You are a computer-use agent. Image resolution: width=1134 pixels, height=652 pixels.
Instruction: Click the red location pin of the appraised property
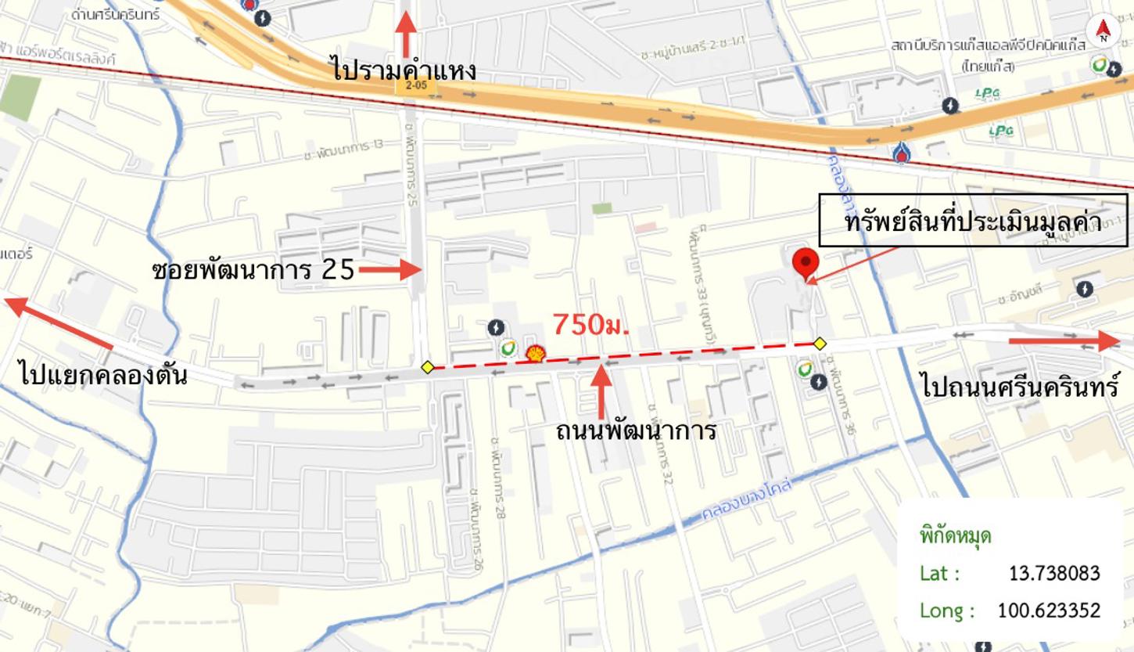coord(805,262)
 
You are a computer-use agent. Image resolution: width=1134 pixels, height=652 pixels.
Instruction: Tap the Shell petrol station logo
coord(536,354)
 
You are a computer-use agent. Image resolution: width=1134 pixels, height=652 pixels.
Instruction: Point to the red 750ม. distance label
coord(590,324)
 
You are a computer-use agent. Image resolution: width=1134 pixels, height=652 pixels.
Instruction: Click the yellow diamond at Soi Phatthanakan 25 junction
coord(427,367)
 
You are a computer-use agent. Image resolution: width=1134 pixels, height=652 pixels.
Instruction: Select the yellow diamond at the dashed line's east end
coord(820,343)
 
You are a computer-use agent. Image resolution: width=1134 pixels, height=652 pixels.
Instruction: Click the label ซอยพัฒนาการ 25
coord(253,271)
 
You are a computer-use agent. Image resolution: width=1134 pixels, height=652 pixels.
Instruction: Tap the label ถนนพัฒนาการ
coord(635,430)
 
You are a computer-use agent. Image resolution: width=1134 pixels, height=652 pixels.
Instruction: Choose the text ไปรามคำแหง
coord(403,70)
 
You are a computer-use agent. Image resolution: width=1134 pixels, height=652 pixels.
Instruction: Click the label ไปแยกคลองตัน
coord(103,376)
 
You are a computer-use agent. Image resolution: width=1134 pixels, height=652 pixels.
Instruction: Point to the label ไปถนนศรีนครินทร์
coord(1020,386)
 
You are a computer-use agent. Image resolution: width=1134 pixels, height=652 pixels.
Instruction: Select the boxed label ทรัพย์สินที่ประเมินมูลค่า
coord(973,222)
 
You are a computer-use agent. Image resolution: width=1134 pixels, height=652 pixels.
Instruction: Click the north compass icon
coord(1103,31)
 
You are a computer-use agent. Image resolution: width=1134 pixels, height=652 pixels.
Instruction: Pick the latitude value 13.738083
coord(1053,574)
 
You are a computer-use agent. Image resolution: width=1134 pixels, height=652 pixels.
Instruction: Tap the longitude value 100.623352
coord(1048,611)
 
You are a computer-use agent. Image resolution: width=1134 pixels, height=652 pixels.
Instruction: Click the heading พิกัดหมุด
coord(955,537)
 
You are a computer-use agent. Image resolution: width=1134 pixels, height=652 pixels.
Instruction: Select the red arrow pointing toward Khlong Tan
coord(59,322)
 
